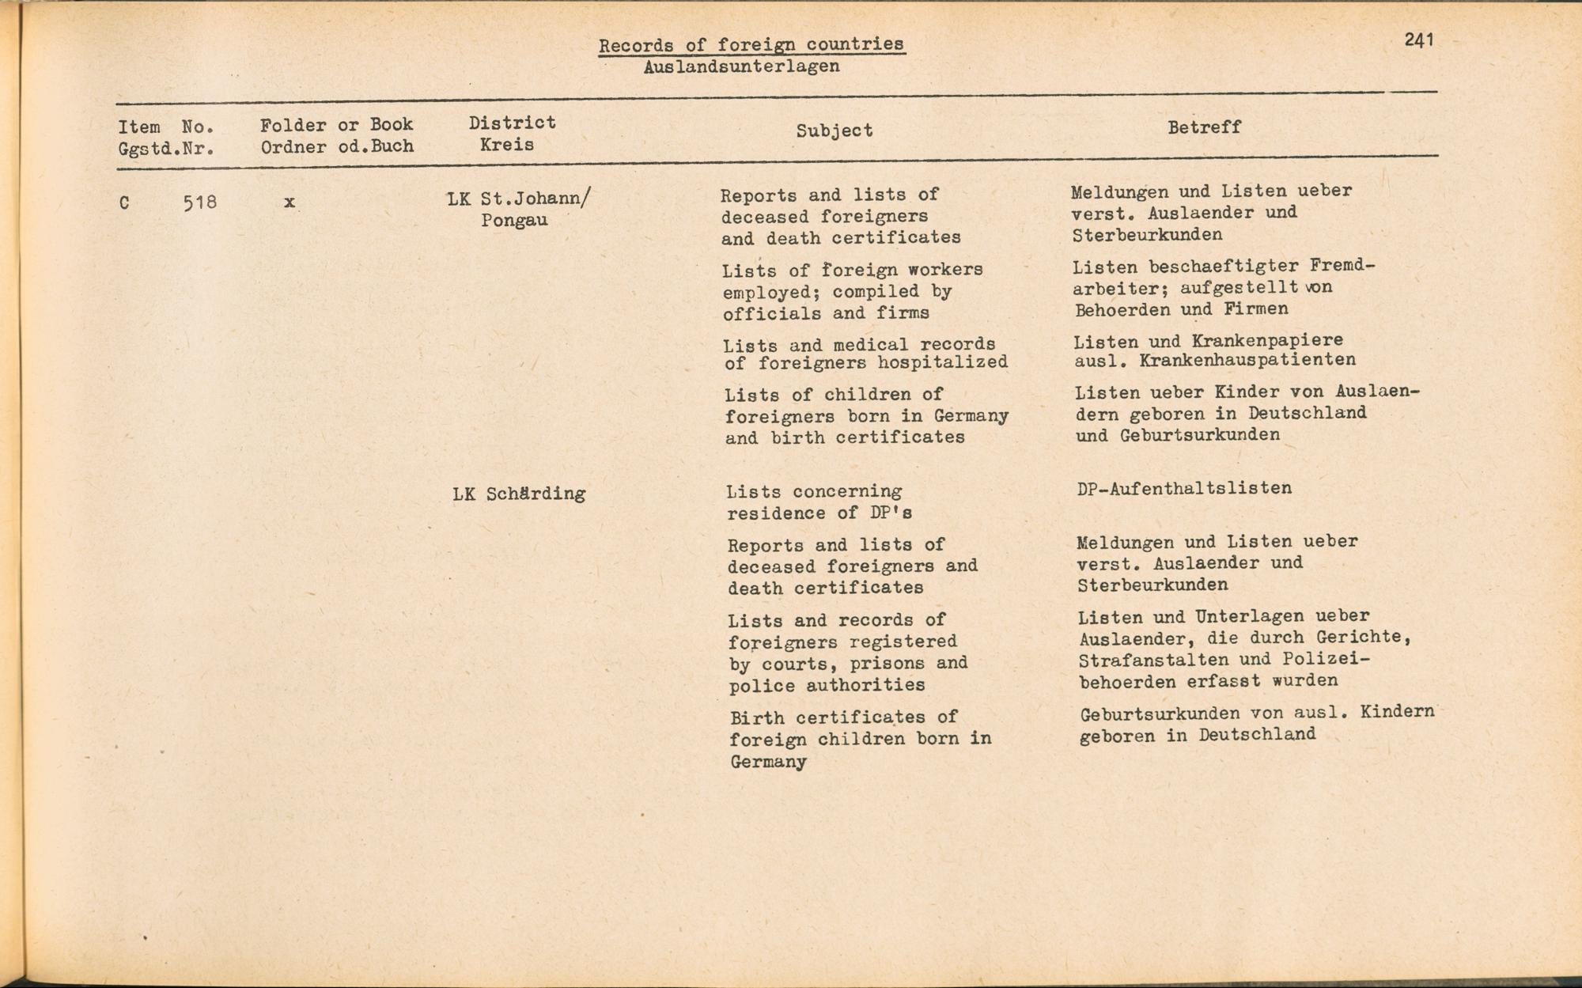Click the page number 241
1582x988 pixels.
pyautogui.click(x=1419, y=40)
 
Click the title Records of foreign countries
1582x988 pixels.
pyautogui.click(x=751, y=44)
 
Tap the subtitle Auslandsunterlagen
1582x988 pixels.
pyautogui.click(x=741, y=66)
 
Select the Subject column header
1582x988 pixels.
pyautogui.click(x=835, y=131)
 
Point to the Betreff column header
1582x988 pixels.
pyautogui.click(x=1204, y=127)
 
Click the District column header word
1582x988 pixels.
pyautogui.click(x=512, y=123)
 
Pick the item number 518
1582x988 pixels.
pyautogui.click(x=199, y=203)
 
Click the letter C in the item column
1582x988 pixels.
pyautogui.click(x=124, y=203)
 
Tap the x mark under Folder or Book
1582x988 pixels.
pyautogui.click(x=290, y=202)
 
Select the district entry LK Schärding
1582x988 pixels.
pyautogui.click(x=519, y=494)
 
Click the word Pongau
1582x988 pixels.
pyautogui.click(x=514, y=220)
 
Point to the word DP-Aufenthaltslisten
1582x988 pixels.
pyautogui.click(x=1184, y=488)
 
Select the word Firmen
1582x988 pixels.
pyautogui.click(x=1256, y=309)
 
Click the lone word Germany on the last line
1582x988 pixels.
pyautogui.click(x=768, y=763)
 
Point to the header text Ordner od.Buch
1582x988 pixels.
pyautogui.click(x=337, y=146)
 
